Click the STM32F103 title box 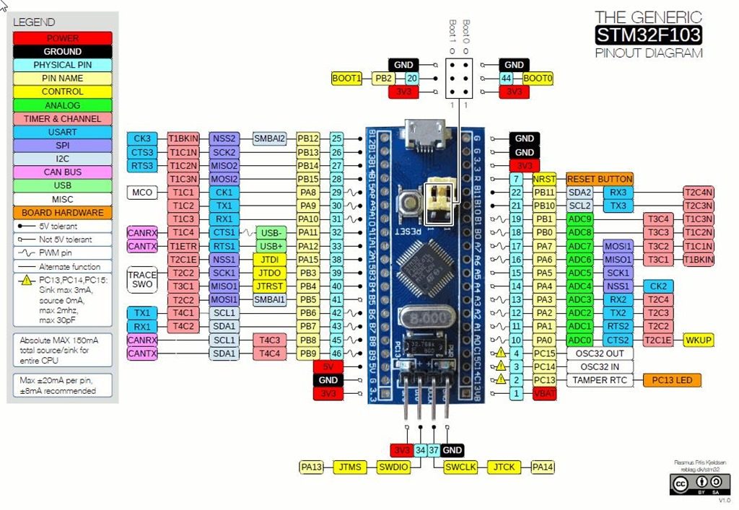click(x=648, y=35)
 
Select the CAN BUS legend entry click(x=62, y=172)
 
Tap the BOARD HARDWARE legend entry click(x=62, y=213)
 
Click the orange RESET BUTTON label click(x=600, y=179)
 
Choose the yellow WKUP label click(x=699, y=340)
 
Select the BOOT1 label click(x=346, y=79)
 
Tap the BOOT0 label click(x=538, y=79)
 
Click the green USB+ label click(x=271, y=246)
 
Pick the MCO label click(x=141, y=193)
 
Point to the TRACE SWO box click(x=141, y=280)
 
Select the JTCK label click(x=504, y=467)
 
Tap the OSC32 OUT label click(x=600, y=353)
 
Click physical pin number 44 click(x=507, y=79)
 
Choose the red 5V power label click(x=328, y=366)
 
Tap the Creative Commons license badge click(x=699, y=483)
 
